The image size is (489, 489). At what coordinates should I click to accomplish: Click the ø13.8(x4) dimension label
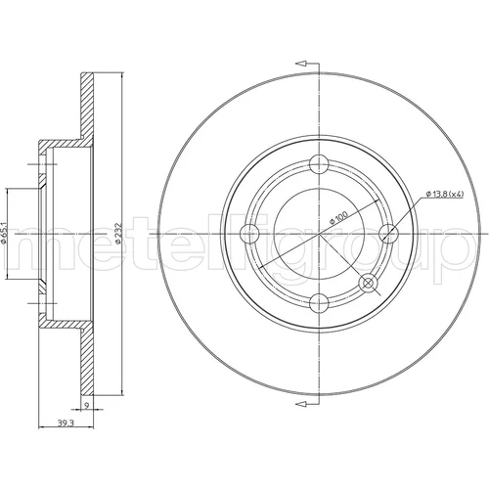(x=445, y=194)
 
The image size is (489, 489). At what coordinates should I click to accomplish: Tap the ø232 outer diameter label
(x=118, y=234)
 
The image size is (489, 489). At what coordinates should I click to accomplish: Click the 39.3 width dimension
(x=66, y=423)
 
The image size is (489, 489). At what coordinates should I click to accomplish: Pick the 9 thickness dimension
(x=86, y=406)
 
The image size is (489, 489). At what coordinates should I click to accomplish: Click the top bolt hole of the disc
(x=319, y=164)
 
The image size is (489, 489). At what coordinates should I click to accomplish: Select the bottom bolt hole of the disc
(x=319, y=303)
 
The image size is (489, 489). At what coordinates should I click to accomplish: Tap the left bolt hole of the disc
(x=249, y=234)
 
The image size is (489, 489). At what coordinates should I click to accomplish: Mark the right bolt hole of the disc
(x=389, y=234)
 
